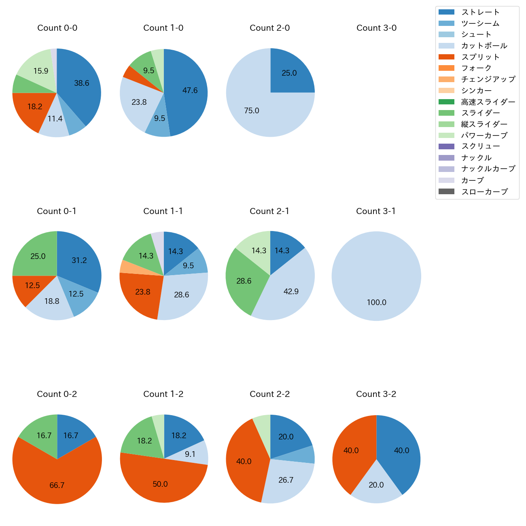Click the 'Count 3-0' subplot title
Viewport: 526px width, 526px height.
point(376,28)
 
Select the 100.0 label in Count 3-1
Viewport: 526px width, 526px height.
point(376,302)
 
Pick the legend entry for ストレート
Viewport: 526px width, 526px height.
point(480,12)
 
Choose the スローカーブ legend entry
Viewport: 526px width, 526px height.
point(484,192)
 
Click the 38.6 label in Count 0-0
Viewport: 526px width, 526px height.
point(81,83)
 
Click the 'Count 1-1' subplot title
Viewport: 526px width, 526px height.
point(163,211)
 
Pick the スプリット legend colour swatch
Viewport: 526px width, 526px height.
point(446,57)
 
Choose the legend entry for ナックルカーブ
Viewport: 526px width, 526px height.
point(488,169)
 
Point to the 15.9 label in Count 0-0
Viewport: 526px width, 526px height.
point(40,71)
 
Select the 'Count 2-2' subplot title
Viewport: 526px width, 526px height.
point(269,394)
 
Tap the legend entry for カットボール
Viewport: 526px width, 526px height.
point(484,46)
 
